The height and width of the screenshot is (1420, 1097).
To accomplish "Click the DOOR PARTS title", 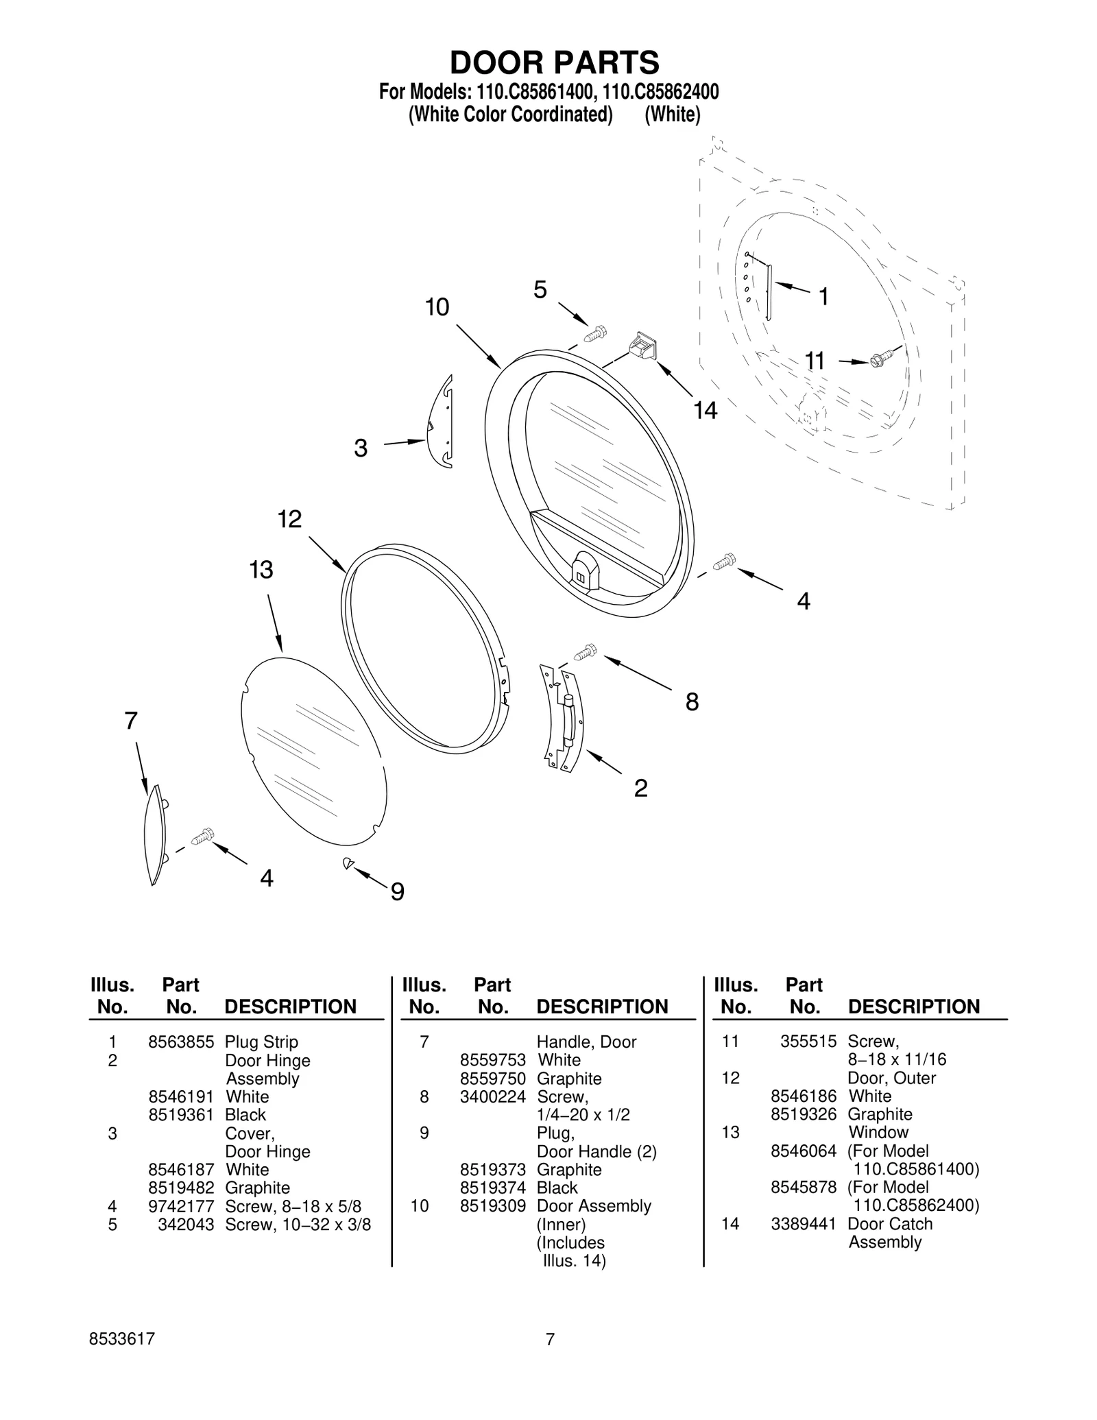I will coord(554,62).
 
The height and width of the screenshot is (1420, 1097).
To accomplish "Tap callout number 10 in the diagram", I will coord(437,306).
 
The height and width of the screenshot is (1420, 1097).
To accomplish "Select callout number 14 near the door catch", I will coord(705,411).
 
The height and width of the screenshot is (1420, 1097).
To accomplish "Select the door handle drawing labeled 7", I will coord(155,834).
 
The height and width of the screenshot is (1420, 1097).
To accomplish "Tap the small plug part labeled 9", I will coord(348,863).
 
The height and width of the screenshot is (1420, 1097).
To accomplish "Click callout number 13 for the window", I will coord(261,569).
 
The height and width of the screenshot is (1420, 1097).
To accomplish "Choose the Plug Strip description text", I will coord(261,1042).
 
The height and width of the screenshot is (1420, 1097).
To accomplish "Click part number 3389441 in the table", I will coord(803,1224).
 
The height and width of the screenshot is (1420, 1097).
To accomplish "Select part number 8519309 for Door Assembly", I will coord(492,1206).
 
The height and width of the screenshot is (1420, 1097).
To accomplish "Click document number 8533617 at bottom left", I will coord(122,1339).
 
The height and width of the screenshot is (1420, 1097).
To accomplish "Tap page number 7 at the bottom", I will coord(549,1339).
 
